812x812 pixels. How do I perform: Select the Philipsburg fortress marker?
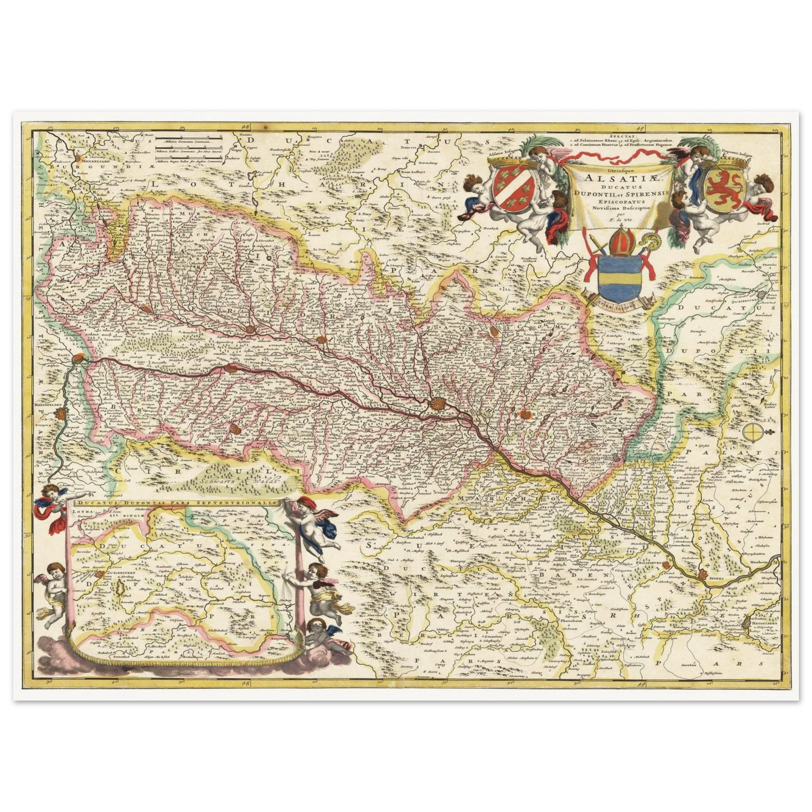click(x=667, y=564)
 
